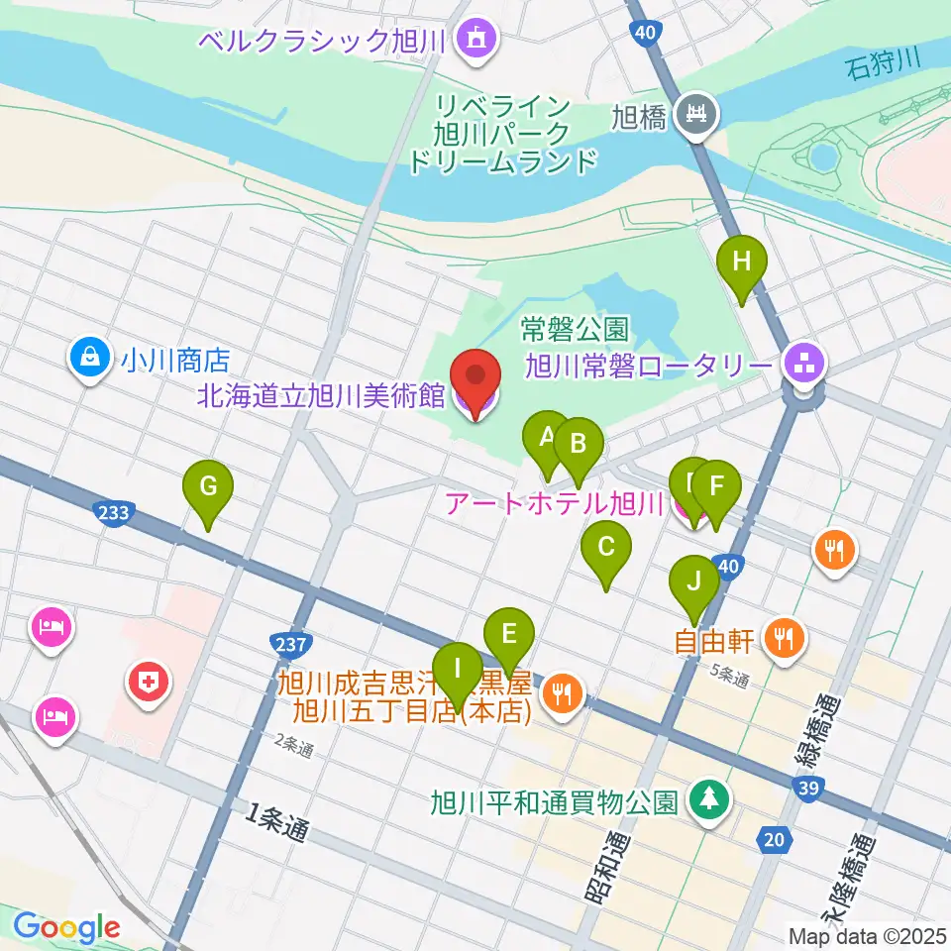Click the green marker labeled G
[208, 487]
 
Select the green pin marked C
[606, 547]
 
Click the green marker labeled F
[715, 487]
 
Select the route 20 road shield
[776, 840]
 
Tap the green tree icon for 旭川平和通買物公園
[708, 799]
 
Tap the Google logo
[66, 927]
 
